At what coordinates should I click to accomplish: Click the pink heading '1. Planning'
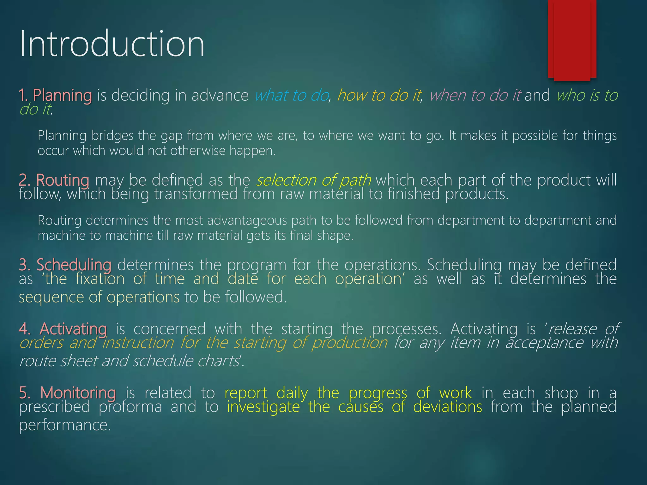[x=55, y=95]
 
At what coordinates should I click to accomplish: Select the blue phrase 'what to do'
[x=291, y=95]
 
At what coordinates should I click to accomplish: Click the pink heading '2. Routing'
[x=54, y=180]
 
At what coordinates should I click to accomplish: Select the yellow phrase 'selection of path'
[x=314, y=180]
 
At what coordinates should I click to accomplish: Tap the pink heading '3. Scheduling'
[x=65, y=265]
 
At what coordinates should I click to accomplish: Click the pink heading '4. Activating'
[x=63, y=329]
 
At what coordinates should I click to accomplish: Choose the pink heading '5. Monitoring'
[x=67, y=393]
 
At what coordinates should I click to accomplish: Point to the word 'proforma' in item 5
[x=130, y=407]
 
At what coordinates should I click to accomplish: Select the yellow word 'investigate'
[x=263, y=407]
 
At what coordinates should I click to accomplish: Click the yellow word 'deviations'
[x=447, y=407]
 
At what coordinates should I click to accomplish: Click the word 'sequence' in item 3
[x=51, y=297]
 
